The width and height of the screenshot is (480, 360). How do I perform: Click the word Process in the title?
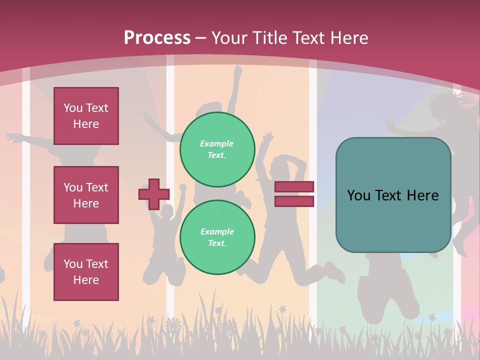(x=157, y=37)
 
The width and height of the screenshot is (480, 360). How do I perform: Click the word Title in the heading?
(x=269, y=37)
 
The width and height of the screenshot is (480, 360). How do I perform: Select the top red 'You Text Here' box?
(x=86, y=116)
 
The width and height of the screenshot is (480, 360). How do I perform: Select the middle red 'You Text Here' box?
(x=86, y=195)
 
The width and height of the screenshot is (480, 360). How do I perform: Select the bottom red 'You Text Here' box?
(x=86, y=272)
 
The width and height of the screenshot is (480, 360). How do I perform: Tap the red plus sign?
(x=154, y=194)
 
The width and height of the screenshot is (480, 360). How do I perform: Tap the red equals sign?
(x=294, y=194)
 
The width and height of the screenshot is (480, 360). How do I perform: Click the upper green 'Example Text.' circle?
(x=217, y=149)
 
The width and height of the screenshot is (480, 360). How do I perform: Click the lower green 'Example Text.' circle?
(x=217, y=237)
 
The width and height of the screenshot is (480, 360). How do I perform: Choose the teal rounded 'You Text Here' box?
(x=393, y=195)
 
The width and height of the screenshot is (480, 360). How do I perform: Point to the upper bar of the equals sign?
(x=294, y=187)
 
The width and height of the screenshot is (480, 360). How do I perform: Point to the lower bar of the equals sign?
(x=294, y=201)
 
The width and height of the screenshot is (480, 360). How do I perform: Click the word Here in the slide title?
(x=346, y=37)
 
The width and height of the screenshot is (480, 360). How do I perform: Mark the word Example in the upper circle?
(x=217, y=143)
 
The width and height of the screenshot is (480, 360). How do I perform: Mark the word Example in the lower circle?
(x=217, y=231)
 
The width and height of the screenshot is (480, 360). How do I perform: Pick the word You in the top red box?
(x=73, y=108)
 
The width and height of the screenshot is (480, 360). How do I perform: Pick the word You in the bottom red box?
(x=73, y=264)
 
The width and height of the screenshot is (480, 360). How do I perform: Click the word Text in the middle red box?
(x=97, y=187)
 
